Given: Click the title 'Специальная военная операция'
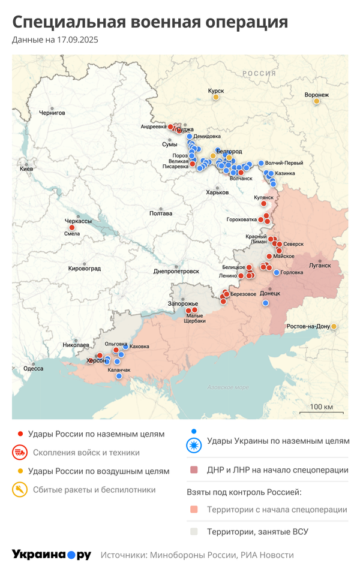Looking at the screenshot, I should click(x=150, y=23).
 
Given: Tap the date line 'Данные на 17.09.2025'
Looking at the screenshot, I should click(x=55, y=40).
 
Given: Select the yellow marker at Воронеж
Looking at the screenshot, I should click(x=316, y=101).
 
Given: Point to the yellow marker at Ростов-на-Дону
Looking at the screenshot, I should click(x=334, y=326).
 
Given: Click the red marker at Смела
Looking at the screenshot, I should click(x=72, y=227).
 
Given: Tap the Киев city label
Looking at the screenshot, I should click(x=26, y=170).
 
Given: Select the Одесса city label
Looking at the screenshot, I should click(x=33, y=368).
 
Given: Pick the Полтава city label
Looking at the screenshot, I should click(x=161, y=213).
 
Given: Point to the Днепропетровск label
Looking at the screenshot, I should click(x=176, y=271).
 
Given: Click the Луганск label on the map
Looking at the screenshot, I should click(x=320, y=264).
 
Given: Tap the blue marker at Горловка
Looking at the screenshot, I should click(x=276, y=272).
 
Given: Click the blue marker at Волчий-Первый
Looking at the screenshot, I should click(x=261, y=163).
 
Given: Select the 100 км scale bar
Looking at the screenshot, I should click(x=325, y=412).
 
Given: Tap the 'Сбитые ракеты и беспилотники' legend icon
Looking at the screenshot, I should click(x=20, y=490).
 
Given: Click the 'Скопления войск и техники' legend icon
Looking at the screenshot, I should click(x=20, y=453).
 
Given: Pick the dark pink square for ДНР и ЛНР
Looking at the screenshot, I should click(x=193, y=470).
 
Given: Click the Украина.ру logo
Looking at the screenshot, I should click(x=52, y=555).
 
